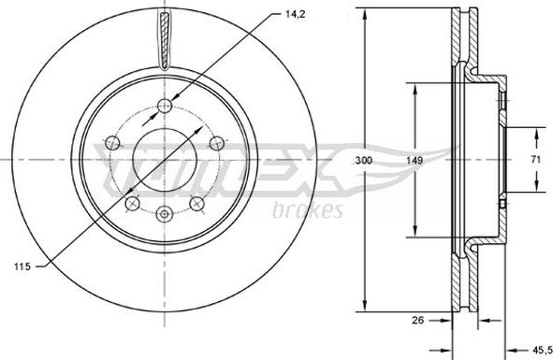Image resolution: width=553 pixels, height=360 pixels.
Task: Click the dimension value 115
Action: tap(22, 266)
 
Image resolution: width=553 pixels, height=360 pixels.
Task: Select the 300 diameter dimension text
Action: tap(363, 161)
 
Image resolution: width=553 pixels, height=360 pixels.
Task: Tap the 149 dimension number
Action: tap(415, 161)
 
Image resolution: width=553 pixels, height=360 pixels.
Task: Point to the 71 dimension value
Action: tap(536, 159)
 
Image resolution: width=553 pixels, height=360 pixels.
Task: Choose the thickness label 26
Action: tap(417, 320)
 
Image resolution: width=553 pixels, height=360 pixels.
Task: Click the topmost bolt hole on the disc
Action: tap(165, 105)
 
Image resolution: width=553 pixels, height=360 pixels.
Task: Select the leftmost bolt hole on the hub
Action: tap(113, 143)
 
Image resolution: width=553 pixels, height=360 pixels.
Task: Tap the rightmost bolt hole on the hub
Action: tap(216, 143)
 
